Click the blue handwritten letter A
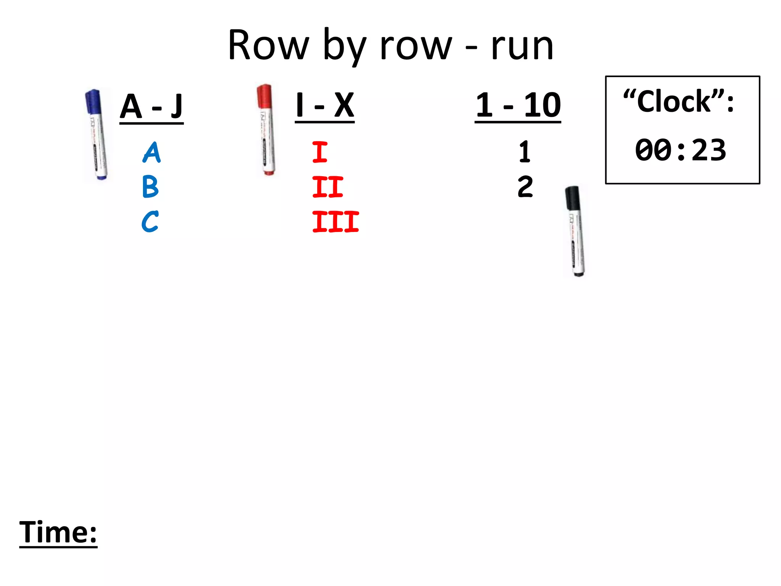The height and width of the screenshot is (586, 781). click(152, 153)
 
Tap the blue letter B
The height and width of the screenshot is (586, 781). click(150, 187)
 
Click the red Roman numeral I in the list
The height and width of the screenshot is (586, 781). click(320, 152)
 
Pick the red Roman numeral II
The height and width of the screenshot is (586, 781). click(328, 187)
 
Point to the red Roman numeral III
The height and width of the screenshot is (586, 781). click(336, 222)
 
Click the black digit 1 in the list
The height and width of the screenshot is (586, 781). click(525, 152)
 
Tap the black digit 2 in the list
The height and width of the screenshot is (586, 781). click(525, 187)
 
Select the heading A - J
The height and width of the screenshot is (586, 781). click(151, 107)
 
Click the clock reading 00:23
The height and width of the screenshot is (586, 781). click(681, 150)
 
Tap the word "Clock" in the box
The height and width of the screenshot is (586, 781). click(674, 102)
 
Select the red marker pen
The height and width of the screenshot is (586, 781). click(266, 130)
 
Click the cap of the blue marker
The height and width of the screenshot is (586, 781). click(93, 101)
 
